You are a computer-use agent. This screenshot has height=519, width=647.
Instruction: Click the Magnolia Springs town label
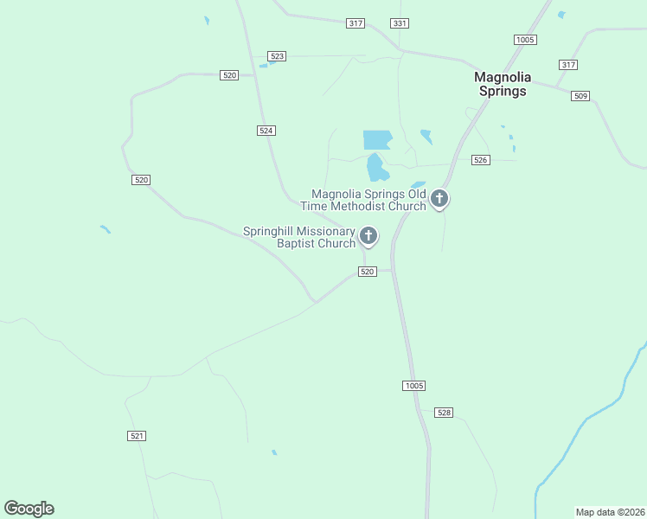pyautogui.click(x=502, y=84)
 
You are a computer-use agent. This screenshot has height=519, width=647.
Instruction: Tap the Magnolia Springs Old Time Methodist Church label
pyautogui.click(x=363, y=200)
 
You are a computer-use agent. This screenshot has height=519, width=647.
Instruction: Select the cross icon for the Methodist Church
pyautogui.click(x=439, y=199)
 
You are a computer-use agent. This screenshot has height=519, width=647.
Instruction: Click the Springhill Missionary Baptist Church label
pyautogui.click(x=299, y=237)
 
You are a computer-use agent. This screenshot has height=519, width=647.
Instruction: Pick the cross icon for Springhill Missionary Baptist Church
pyautogui.click(x=368, y=235)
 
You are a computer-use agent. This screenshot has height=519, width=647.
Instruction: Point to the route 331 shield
pyautogui.click(x=399, y=23)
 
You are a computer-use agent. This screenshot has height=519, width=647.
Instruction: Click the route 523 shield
pyautogui.click(x=277, y=56)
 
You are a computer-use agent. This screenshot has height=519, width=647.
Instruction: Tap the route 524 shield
pyautogui.click(x=266, y=130)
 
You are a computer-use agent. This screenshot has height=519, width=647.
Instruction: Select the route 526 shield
pyautogui.click(x=481, y=160)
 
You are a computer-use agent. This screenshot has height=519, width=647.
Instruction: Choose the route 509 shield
pyautogui.click(x=580, y=96)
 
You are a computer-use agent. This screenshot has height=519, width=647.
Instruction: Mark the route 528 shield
pyautogui.click(x=444, y=413)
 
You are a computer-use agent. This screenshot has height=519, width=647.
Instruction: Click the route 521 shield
pyautogui.click(x=137, y=436)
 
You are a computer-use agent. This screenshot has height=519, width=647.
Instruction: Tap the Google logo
pyautogui.click(x=29, y=509)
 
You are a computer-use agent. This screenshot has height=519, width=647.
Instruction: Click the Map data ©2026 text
pyautogui.click(x=609, y=512)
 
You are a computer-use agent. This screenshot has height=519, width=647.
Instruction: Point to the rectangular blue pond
pyautogui.click(x=377, y=139)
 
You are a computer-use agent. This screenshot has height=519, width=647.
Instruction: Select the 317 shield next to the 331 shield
pyautogui.click(x=355, y=23)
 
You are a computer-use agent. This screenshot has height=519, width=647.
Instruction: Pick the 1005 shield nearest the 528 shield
pyautogui.click(x=413, y=385)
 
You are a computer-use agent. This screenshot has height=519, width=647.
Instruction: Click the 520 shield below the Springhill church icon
pyautogui.click(x=368, y=272)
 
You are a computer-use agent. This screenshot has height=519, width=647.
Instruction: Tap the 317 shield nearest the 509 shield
pyautogui.click(x=568, y=65)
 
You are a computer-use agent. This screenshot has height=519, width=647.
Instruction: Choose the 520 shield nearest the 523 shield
pyautogui.click(x=229, y=76)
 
